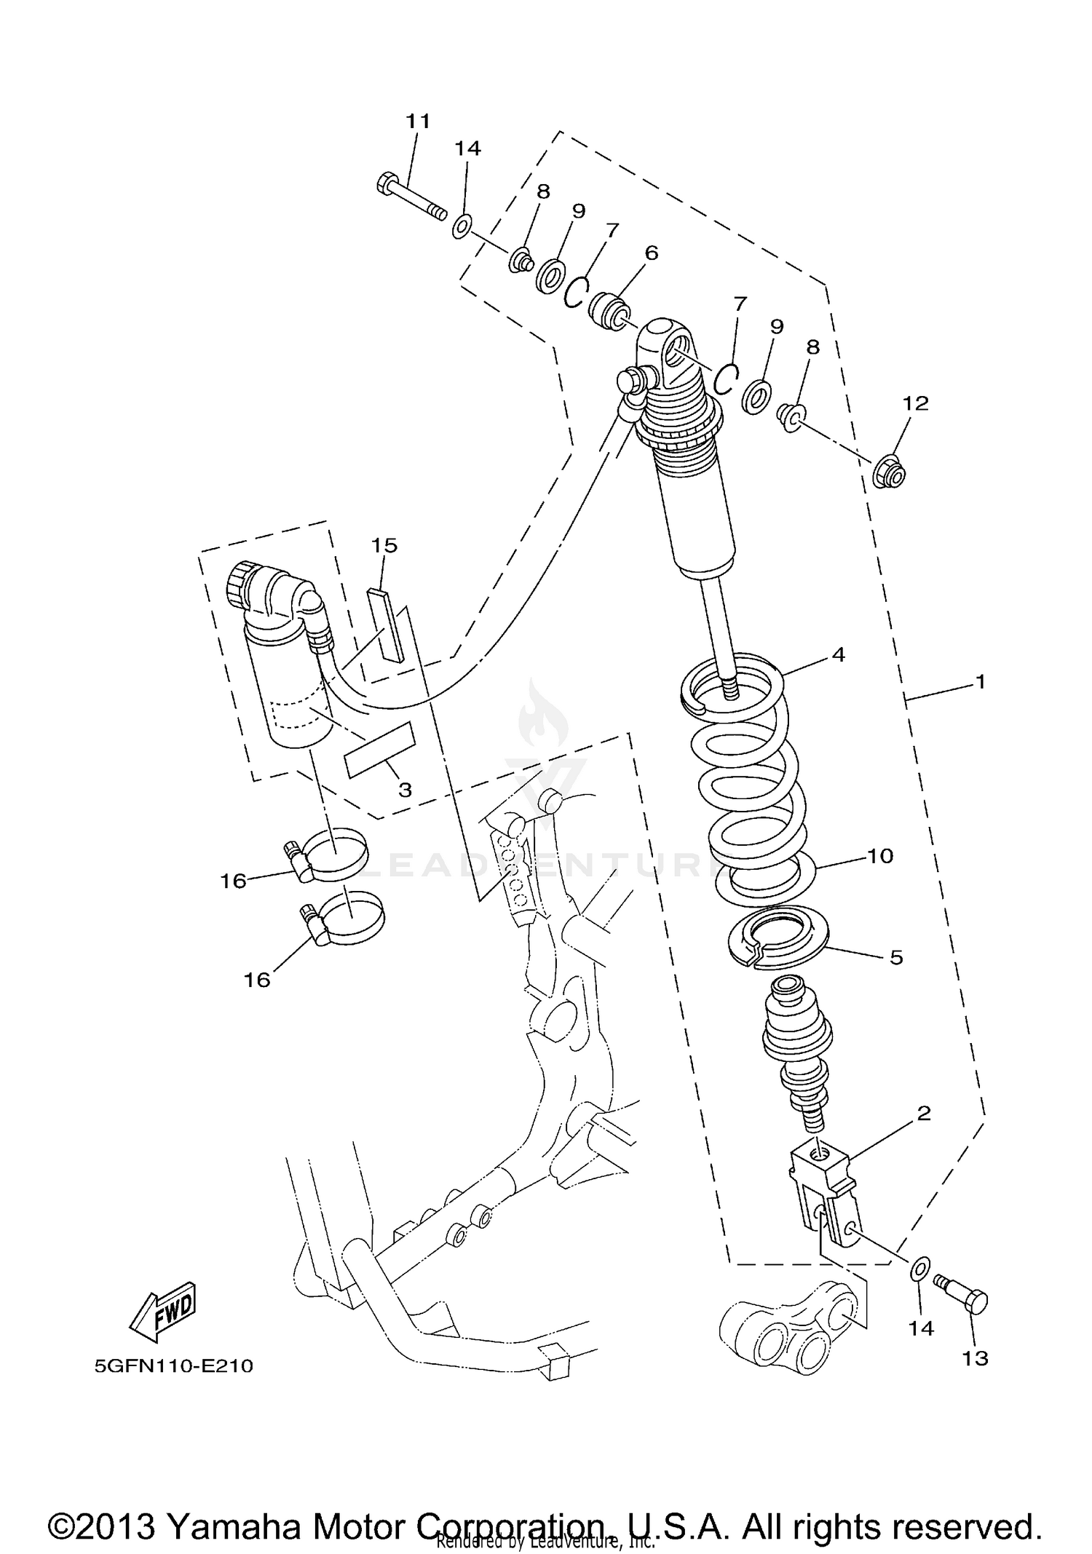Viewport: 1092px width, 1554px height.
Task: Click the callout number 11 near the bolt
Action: [418, 121]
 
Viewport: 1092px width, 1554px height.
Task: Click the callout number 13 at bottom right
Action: [975, 1357]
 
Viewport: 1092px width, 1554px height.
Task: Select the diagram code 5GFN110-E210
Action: [173, 1365]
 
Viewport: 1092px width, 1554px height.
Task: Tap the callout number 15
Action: [384, 544]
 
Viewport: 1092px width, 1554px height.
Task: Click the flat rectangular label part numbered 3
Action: [379, 750]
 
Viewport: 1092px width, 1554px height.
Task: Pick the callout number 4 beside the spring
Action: [838, 654]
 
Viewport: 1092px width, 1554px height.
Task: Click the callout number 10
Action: [879, 856]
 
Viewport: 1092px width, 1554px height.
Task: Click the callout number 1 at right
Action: [980, 682]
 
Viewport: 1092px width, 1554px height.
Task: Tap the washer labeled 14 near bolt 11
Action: [462, 226]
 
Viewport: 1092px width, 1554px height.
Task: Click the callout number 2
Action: [923, 1113]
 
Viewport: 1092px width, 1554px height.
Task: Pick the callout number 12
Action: [916, 403]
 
